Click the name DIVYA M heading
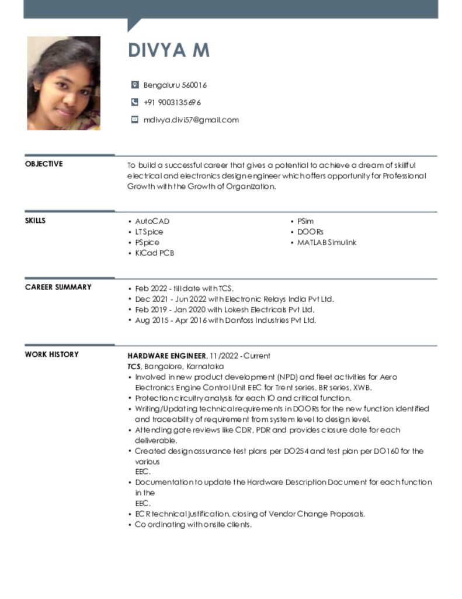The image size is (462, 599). click(x=168, y=51)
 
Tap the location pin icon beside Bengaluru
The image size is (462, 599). click(x=135, y=85)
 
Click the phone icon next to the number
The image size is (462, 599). click(x=135, y=102)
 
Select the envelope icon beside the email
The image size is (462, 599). click(x=135, y=120)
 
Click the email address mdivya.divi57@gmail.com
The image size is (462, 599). click(x=191, y=120)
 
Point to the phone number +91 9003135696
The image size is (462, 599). click(x=172, y=102)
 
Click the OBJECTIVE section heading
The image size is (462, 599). click(x=44, y=164)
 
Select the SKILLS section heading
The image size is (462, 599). click(x=35, y=221)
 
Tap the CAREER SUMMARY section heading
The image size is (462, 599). click(x=58, y=287)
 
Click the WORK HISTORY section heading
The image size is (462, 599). click(x=51, y=354)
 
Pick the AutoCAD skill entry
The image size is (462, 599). click(x=152, y=221)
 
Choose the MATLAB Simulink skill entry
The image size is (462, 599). click(x=326, y=242)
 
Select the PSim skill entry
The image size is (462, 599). click(x=305, y=221)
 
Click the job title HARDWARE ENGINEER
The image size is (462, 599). click(x=166, y=356)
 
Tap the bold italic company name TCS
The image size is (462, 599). click(x=134, y=366)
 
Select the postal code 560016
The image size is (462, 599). click(x=194, y=85)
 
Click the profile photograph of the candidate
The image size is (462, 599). click(x=64, y=82)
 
